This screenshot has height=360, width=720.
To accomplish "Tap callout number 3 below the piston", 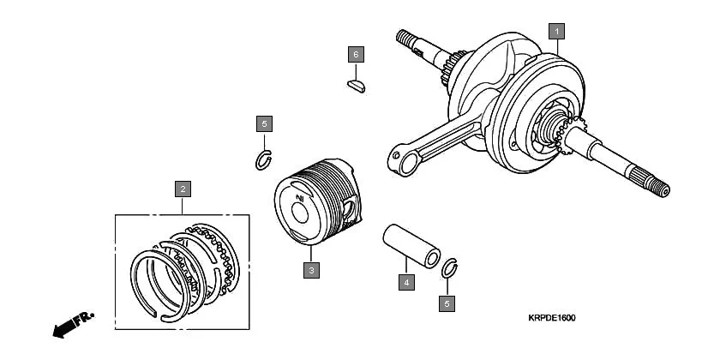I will coord(312,270).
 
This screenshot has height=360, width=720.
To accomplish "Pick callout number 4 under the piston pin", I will coord(406,280).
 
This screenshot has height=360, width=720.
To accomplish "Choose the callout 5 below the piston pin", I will coord(446,303).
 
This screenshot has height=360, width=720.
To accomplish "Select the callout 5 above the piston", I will coord(264,124).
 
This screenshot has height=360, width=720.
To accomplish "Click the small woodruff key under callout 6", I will coord(356,84).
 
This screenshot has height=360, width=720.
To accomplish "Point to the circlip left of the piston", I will coord(265,159).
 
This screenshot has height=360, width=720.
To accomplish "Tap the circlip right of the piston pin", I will coord(449,268).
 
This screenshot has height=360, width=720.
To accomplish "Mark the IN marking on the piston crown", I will coord(300,199).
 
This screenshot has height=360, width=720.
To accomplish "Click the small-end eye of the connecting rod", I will coord(397,160).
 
